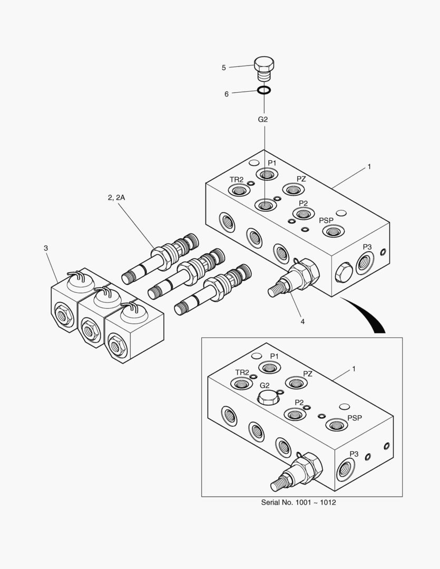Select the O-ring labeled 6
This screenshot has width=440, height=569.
tap(265, 90)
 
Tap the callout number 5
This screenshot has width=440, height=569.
tap(224, 67)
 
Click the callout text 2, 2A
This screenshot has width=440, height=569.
tap(116, 198)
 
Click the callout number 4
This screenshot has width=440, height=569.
tap(302, 321)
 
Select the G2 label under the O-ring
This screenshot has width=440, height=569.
tap(263, 120)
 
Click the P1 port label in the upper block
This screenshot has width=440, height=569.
tap(271, 163)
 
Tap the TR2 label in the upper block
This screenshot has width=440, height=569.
tap(236, 180)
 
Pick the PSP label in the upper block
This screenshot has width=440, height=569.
tap(326, 220)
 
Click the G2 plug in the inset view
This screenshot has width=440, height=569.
tap(267, 398)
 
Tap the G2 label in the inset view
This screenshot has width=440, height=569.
tap(265, 386)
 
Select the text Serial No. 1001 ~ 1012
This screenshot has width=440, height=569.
tap(298, 502)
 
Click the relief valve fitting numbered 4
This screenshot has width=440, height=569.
tap(295, 277)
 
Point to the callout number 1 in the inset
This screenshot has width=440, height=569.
tap(354, 369)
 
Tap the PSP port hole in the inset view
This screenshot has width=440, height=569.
tap(335, 425)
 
